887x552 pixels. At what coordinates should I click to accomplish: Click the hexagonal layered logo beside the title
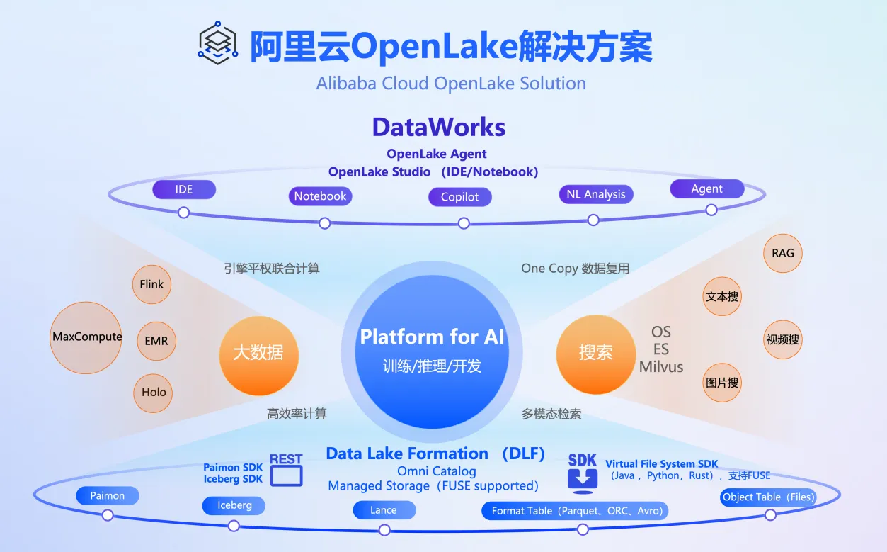[x=218, y=43]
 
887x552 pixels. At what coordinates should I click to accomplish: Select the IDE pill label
[x=184, y=189]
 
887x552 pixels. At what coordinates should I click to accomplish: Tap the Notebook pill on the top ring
[x=321, y=196]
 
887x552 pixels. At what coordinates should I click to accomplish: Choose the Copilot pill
[x=459, y=197]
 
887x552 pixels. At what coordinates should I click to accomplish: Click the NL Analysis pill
[x=596, y=194]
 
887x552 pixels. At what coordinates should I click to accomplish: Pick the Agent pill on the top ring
[x=706, y=188]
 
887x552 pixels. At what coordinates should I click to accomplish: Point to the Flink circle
[x=151, y=285]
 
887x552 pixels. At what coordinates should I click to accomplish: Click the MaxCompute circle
[x=86, y=337]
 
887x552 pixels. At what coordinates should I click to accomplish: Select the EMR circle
[x=156, y=341]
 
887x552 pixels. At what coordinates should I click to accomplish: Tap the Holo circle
[x=153, y=393]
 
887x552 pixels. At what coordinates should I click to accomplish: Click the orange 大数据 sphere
[x=259, y=356]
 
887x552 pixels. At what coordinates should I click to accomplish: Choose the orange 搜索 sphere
[x=596, y=354]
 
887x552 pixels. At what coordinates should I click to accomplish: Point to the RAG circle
[x=783, y=253]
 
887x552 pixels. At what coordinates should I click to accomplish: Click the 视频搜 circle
[x=783, y=339]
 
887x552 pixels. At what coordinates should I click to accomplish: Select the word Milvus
[x=661, y=367]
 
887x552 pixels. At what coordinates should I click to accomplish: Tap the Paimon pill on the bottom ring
[x=108, y=496]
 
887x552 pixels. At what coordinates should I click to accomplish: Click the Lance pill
[x=384, y=510]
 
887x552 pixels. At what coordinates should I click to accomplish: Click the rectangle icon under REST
[x=286, y=476]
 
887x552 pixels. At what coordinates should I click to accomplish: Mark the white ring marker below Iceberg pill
[x=234, y=526]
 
